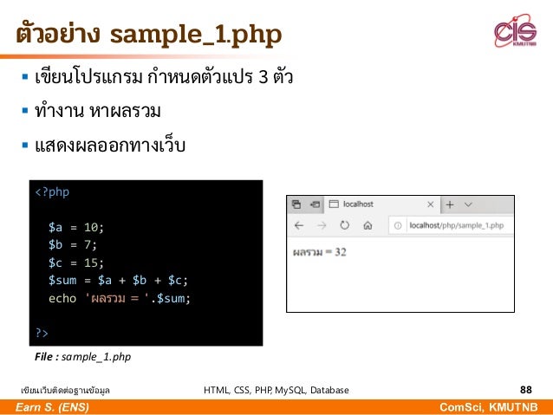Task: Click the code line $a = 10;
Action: click(x=76, y=228)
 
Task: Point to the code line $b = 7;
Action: click(x=73, y=245)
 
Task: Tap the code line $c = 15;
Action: click(x=76, y=263)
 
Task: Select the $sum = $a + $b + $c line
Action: click(x=118, y=280)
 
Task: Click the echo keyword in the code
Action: click(x=62, y=298)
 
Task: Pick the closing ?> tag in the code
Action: click(x=42, y=333)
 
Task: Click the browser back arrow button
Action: click(x=299, y=225)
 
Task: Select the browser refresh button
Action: click(x=344, y=225)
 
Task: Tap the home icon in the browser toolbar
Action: click(x=367, y=225)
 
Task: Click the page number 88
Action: click(x=525, y=390)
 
